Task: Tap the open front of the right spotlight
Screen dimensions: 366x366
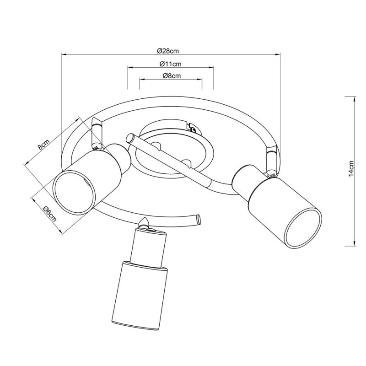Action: (x=301, y=227)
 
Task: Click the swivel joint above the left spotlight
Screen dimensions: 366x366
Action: (x=97, y=133)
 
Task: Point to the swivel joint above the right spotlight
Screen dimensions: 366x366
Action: (x=270, y=161)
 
